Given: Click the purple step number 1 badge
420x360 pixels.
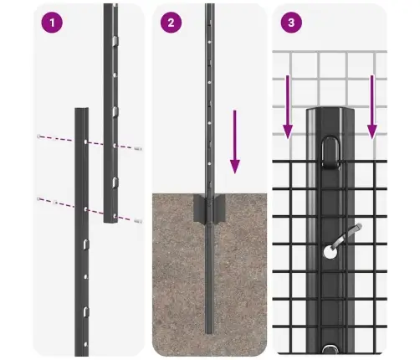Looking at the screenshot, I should point(53,23).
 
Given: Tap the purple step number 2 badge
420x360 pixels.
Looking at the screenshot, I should point(171,23).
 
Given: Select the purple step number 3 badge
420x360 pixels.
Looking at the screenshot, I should point(290,23).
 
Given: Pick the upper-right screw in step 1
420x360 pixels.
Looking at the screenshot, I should point(137,147).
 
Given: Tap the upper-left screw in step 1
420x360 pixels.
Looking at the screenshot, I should point(38,136).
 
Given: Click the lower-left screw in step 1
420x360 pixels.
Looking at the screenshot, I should point(38,198).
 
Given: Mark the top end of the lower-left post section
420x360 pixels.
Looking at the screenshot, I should point(81,110).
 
